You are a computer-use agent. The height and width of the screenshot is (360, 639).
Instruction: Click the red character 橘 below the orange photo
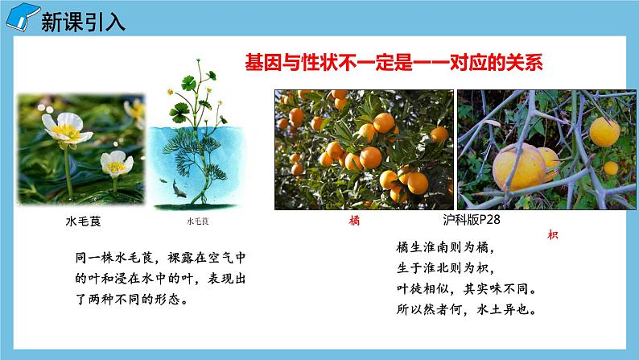(x=354, y=220)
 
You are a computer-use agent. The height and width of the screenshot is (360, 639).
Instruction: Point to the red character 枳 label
(x=552, y=235)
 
